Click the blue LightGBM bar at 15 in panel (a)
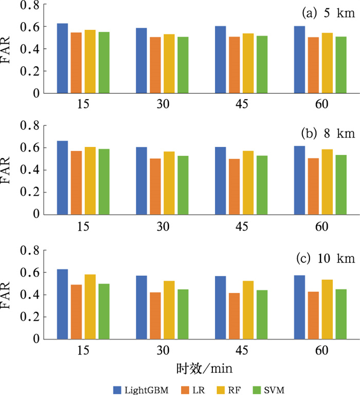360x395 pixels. [x=62, y=59]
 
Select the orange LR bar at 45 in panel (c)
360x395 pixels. [x=234, y=316]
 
